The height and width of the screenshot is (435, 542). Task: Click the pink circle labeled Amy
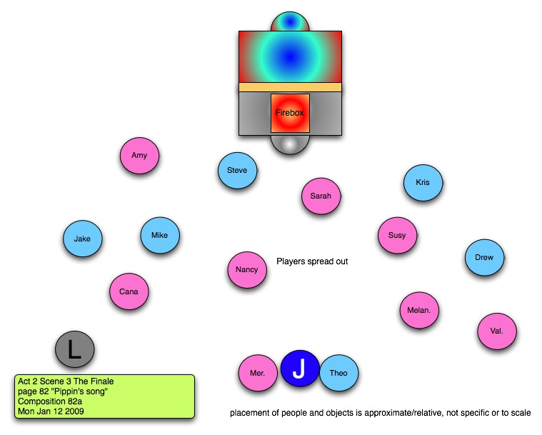[x=139, y=155]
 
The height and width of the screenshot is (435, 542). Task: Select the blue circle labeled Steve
[x=237, y=171]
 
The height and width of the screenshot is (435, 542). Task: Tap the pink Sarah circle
[x=321, y=196]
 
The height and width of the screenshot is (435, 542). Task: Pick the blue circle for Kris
[x=423, y=183]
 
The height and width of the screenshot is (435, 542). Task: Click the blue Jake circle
[x=82, y=239]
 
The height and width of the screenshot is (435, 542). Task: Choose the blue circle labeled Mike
[x=159, y=235]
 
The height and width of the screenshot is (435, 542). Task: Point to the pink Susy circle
[x=397, y=235]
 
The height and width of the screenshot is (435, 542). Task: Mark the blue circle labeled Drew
[x=484, y=258]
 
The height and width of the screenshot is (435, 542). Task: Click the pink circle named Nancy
[x=246, y=270]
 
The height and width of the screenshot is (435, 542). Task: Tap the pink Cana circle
[x=129, y=291]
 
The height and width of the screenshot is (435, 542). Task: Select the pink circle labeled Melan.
[x=418, y=311]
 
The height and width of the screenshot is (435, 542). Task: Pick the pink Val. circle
[x=497, y=331]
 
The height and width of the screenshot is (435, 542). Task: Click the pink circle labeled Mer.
[x=258, y=374]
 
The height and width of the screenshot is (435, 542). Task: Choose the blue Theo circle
[x=338, y=373]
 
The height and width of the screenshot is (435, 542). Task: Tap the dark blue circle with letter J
[x=300, y=369]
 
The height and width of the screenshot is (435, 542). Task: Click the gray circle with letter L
[x=74, y=349]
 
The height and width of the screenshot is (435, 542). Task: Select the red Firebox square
[x=289, y=113]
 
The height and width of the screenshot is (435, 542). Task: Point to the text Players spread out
[x=312, y=261]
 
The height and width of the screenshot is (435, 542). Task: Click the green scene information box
[x=104, y=396]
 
